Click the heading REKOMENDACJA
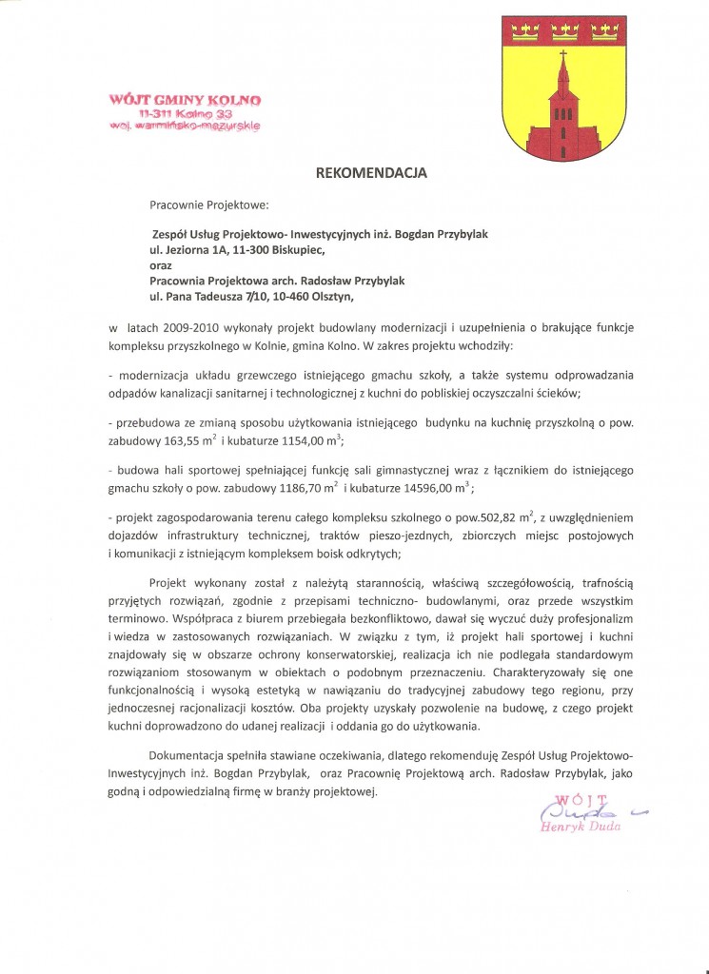pyautogui.click(x=371, y=173)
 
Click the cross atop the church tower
pyautogui.click(x=561, y=54)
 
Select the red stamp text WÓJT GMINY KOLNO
pyautogui.click(x=186, y=100)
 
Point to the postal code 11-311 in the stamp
pyautogui.click(x=155, y=113)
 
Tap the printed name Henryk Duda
pyautogui.click(x=581, y=827)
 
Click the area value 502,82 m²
pyautogui.click(x=508, y=517)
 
